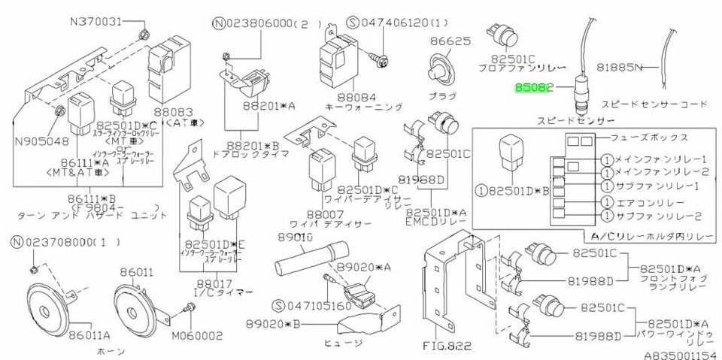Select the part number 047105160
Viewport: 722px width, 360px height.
pyautogui.click(x=314, y=306)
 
